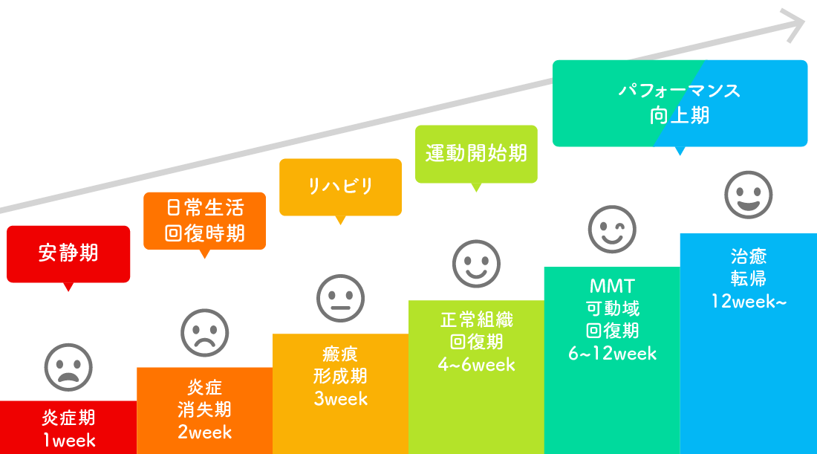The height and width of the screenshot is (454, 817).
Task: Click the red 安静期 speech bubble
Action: pyautogui.click(x=68, y=254)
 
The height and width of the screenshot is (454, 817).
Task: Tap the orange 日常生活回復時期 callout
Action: pyautogui.click(x=204, y=221)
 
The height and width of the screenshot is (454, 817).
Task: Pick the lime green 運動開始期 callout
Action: pyautogui.click(x=476, y=154)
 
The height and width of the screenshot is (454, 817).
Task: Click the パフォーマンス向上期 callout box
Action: pyautogui.click(x=680, y=103)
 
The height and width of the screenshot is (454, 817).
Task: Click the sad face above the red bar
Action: pyautogui.click(x=68, y=366)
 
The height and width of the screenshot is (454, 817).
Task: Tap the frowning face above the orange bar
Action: pyautogui.click(x=204, y=333)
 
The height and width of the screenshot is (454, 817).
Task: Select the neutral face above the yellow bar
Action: pyautogui.click(x=340, y=299)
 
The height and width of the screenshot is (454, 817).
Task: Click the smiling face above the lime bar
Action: pyautogui.click(x=476, y=264)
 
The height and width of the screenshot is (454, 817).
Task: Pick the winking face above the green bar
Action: pyautogui.click(x=612, y=230)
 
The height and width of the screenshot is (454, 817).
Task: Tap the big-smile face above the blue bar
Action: pyautogui.click(x=748, y=195)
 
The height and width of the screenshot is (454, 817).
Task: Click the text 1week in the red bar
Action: pyautogui.click(x=68, y=441)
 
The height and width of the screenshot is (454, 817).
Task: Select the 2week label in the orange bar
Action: pyautogui.click(x=204, y=432)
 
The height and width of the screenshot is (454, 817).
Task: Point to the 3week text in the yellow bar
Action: pyautogui.click(x=340, y=398)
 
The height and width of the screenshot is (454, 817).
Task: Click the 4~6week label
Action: pyautogui.click(x=476, y=365)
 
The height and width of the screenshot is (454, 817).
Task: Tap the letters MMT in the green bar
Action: pyautogui.click(x=612, y=286)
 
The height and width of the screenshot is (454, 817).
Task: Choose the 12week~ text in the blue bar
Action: pyautogui.click(x=748, y=301)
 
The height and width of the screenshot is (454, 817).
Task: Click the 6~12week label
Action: pyautogui.click(x=612, y=354)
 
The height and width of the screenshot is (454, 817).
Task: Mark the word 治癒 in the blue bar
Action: pyautogui.click(x=748, y=256)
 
